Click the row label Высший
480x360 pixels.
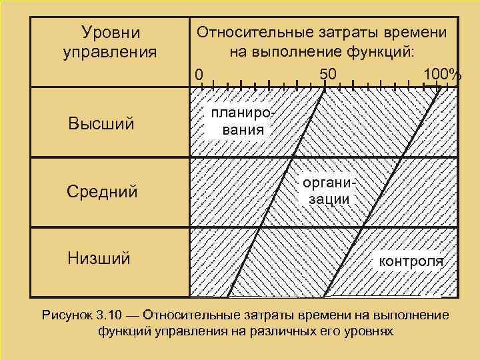click(x=101, y=124)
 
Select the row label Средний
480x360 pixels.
click(x=102, y=192)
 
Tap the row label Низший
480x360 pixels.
click(x=99, y=258)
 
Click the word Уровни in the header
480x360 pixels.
click(x=110, y=32)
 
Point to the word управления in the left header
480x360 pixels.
click(x=110, y=51)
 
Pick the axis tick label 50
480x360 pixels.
click(x=328, y=73)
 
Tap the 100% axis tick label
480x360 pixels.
click(x=441, y=73)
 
